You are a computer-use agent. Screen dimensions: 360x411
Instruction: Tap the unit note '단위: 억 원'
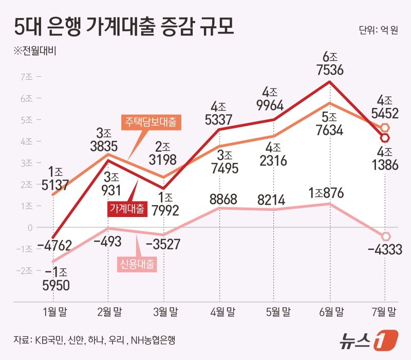click(x=379, y=30)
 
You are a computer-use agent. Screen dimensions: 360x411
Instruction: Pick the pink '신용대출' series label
click(x=137, y=264)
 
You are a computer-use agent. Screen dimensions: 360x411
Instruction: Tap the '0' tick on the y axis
click(x=30, y=227)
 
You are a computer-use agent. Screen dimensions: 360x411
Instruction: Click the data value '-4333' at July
click(x=385, y=250)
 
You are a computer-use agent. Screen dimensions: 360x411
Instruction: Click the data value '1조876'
click(x=329, y=194)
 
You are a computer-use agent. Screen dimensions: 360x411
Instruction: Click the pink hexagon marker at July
click(x=385, y=236)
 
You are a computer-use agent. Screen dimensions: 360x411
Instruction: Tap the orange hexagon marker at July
click(x=385, y=127)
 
